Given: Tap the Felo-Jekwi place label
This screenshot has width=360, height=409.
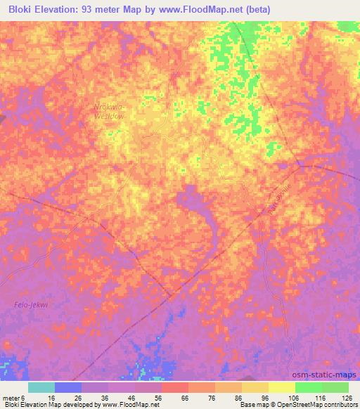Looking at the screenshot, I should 31,304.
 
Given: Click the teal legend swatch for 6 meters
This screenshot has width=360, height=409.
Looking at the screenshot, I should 41,387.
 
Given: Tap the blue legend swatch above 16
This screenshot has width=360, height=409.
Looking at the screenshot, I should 68,387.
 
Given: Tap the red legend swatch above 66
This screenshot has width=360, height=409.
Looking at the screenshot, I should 175,387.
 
